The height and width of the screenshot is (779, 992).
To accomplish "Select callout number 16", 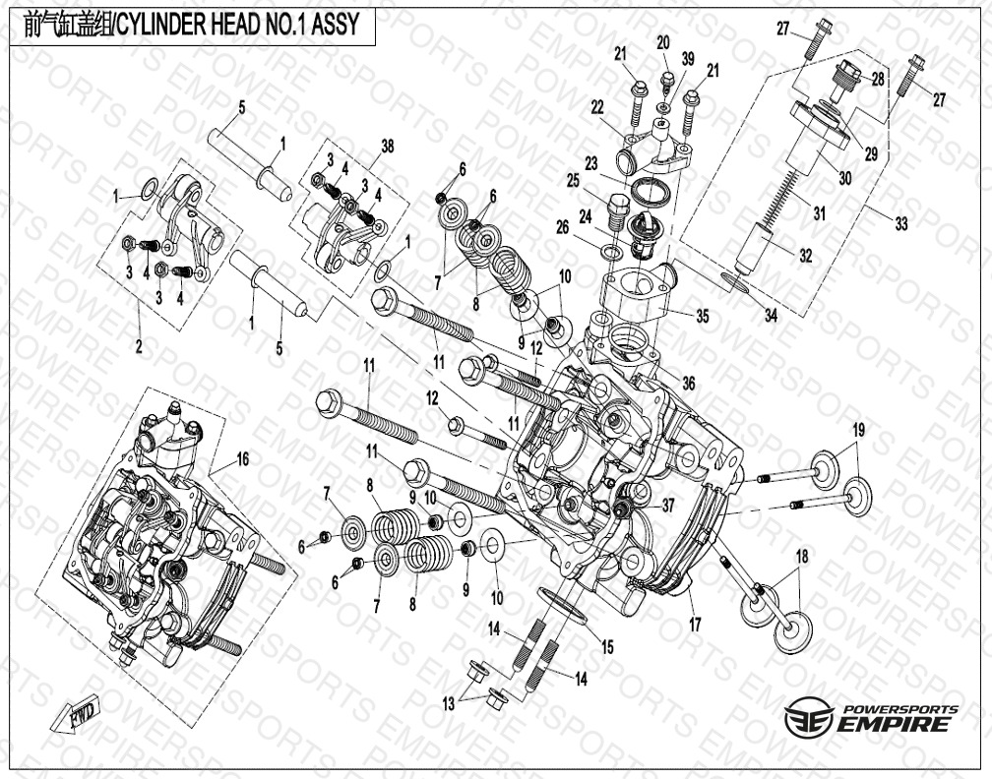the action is [243, 459].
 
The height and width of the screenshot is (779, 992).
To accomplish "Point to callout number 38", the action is [387, 146].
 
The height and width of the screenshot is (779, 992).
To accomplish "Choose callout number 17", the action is [695, 625].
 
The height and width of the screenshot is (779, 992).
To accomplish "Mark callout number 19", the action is [858, 431].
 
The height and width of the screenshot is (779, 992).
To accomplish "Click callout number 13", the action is [449, 704].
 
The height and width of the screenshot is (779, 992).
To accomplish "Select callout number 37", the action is [667, 505].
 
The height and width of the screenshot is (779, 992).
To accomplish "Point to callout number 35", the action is [703, 316].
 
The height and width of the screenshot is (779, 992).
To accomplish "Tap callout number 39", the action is [688, 58].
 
